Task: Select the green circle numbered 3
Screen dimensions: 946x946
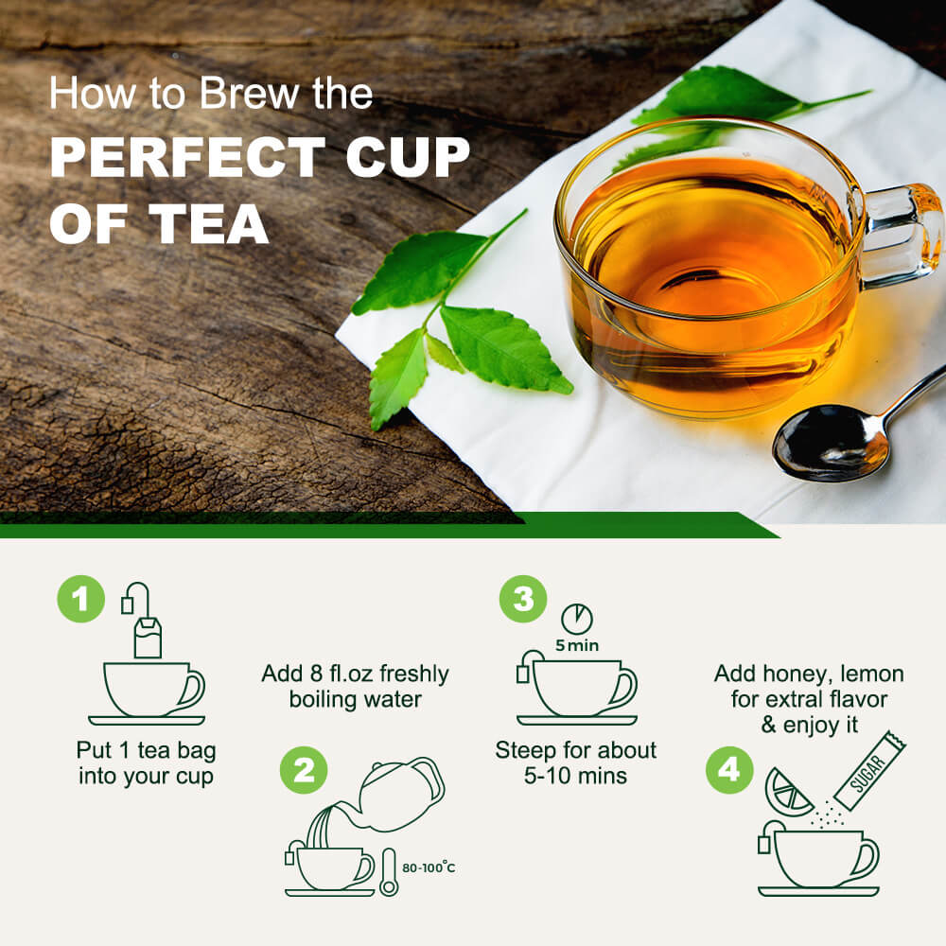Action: pos(522,600)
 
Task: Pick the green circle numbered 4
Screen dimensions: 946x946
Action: pos(729,770)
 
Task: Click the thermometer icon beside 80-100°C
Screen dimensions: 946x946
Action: pos(389,871)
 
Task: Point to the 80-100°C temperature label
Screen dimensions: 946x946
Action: pos(429,867)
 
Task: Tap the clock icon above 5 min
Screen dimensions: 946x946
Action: pos(576,619)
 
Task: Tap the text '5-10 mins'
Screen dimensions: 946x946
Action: pos(575,777)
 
